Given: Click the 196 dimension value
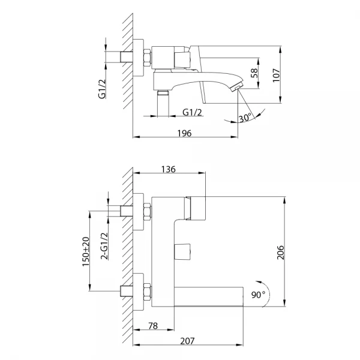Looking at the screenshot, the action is point(184,133).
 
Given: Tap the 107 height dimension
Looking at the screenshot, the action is point(276,75).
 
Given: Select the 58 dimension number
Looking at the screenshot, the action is point(254,73).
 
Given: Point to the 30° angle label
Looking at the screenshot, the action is point(245,118).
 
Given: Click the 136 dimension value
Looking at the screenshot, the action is point(168,169).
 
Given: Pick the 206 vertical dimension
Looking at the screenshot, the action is point(280,253).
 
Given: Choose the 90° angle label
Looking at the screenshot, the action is point(258,295).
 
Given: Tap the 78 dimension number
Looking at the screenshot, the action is point(153,326).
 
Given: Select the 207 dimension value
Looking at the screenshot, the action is point(187,341).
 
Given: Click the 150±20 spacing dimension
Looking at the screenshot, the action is point(86,251).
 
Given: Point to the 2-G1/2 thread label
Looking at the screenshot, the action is point(104,246).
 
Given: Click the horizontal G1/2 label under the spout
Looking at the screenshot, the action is point(192,112).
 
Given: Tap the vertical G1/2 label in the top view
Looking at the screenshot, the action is point(102,89).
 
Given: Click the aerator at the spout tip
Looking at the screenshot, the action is point(236,87).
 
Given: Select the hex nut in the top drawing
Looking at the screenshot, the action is point(148,58).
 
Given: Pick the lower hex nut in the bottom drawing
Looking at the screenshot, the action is point(148,292).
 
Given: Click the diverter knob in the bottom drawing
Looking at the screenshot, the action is point(182,251).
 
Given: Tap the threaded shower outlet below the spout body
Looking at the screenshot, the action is point(163,103).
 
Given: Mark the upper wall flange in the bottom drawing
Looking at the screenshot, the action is point(139,212).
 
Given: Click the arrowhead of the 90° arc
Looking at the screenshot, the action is point(258,282).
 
